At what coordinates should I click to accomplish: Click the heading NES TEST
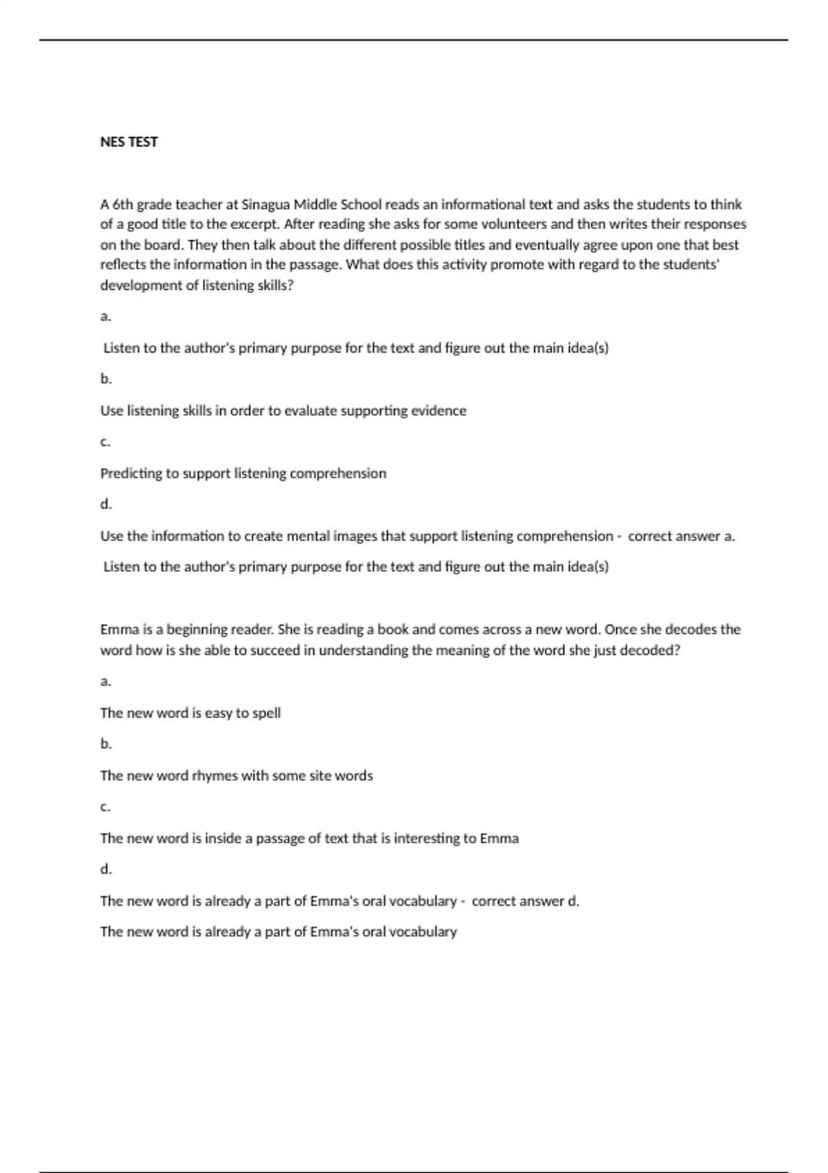[x=129, y=142]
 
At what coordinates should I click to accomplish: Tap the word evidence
[x=439, y=411]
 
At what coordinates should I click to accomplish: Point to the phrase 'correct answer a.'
[x=681, y=536]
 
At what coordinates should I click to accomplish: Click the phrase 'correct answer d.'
[x=525, y=901]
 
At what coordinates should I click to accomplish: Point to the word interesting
[x=426, y=838]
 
